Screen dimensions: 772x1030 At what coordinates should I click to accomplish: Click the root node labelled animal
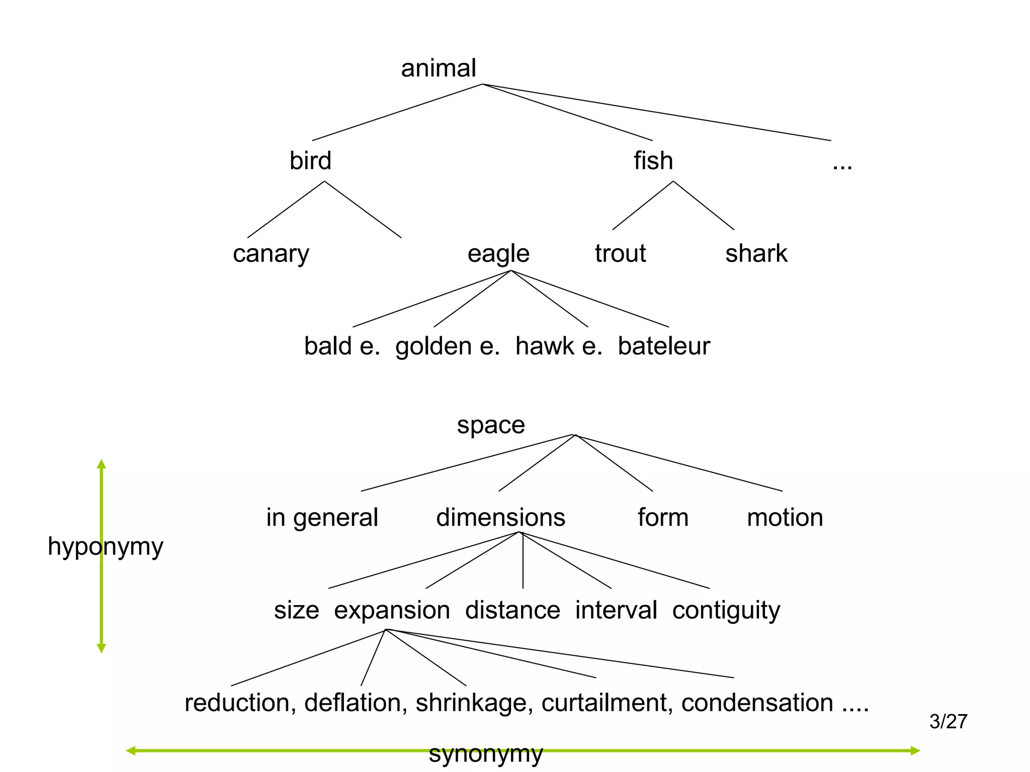click(438, 68)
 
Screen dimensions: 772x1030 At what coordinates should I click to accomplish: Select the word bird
click(310, 161)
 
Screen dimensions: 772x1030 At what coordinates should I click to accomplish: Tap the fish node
click(653, 161)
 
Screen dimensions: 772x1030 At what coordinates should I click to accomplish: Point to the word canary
click(271, 254)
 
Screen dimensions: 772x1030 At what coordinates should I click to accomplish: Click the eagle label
click(498, 254)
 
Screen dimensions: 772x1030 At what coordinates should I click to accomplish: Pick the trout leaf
click(620, 253)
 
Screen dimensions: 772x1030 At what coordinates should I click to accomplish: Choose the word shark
click(756, 253)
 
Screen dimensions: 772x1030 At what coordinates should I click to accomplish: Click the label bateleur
click(663, 346)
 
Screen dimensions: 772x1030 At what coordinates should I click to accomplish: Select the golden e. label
click(447, 346)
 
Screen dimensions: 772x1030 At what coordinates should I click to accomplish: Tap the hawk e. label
click(559, 346)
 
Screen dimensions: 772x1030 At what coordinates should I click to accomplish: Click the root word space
click(491, 426)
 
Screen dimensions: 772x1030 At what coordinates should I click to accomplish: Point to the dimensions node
click(500, 518)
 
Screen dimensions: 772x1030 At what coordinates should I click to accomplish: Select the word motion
click(785, 518)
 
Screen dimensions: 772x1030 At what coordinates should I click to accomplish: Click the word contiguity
click(726, 611)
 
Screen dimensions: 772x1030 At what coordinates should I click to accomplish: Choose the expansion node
click(392, 611)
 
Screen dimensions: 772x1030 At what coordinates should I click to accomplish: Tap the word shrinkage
click(474, 703)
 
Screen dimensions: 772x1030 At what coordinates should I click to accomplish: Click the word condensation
click(757, 703)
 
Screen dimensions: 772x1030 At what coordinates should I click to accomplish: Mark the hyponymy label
click(105, 547)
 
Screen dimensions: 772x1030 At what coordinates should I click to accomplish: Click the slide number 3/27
click(948, 722)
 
